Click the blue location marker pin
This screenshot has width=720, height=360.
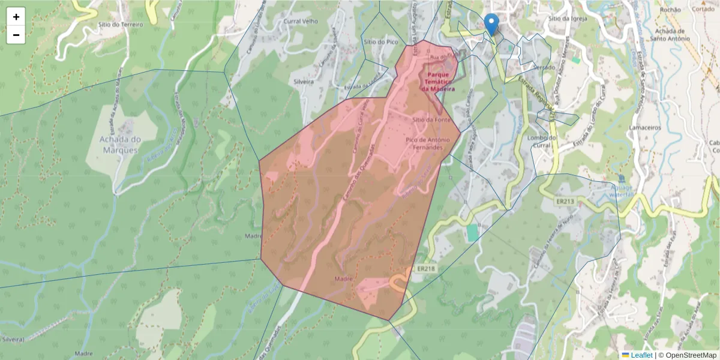[x=491, y=24]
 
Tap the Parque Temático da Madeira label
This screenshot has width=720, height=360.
[x=437, y=82]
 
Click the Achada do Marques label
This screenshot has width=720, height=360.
[x=120, y=144]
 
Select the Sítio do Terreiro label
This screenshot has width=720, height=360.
[x=120, y=25]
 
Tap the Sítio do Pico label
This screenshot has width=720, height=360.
[x=381, y=42]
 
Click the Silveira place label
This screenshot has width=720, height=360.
[x=304, y=82]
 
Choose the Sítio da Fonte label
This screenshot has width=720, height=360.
[x=431, y=119]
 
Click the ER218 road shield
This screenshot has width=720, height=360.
[x=425, y=269]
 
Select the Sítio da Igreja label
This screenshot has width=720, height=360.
[x=566, y=19]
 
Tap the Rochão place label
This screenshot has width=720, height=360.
[x=670, y=10]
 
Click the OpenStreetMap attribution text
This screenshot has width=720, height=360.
[x=691, y=355]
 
